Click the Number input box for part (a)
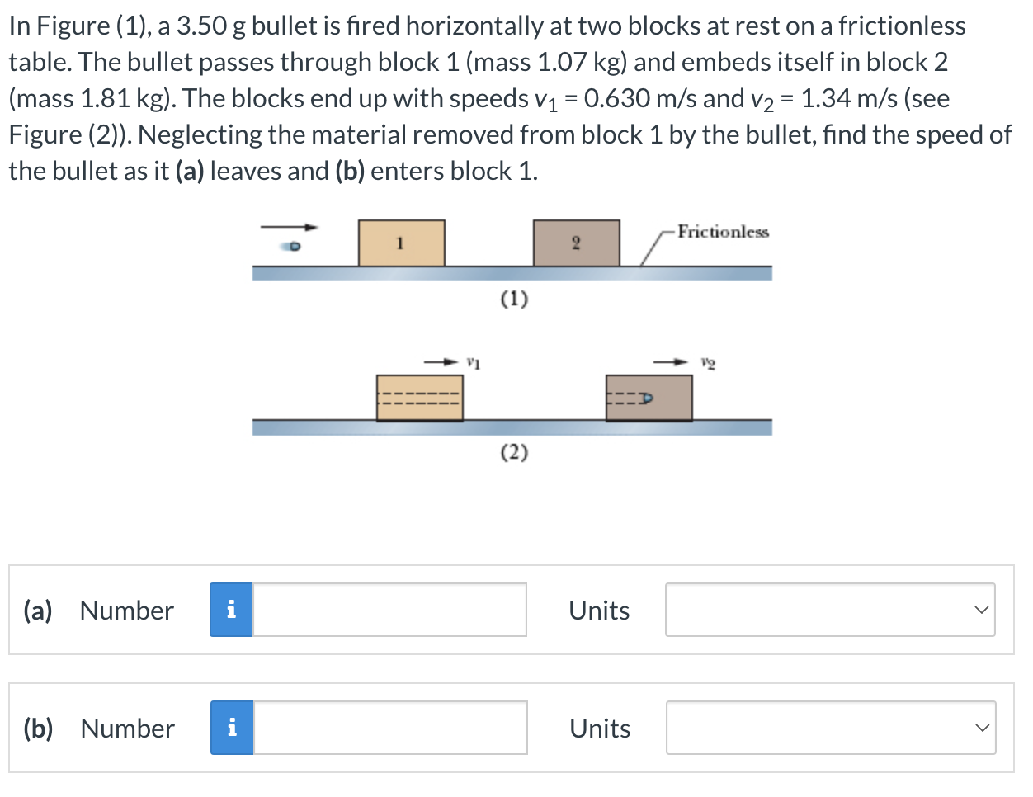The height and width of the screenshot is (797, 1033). click(389, 610)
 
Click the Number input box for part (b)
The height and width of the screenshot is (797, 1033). click(390, 728)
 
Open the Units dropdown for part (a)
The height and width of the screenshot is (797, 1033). click(830, 610)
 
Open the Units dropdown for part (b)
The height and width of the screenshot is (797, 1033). click(831, 728)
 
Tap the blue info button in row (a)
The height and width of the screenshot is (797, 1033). click(231, 610)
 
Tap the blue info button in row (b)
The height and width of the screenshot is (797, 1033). click(232, 728)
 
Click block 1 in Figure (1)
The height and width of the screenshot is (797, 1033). click(401, 243)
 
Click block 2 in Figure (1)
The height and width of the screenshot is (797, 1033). click(576, 243)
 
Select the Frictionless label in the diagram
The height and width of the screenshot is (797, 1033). click(723, 232)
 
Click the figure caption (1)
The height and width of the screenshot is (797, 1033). click(514, 298)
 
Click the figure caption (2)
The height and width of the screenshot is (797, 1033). click(514, 452)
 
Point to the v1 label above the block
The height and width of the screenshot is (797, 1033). click(474, 361)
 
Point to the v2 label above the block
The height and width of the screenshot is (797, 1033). click(708, 361)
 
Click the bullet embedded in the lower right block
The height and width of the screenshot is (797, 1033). click(645, 398)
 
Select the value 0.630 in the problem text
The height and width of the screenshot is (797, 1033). click(617, 98)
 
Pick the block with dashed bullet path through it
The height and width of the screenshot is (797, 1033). click(419, 398)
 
